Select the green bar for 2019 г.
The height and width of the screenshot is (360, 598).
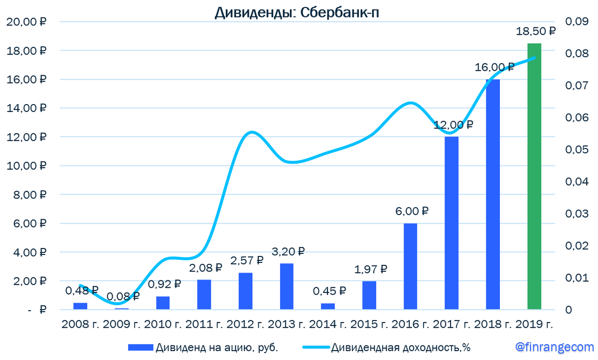point(534,176)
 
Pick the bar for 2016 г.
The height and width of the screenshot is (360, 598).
point(410,266)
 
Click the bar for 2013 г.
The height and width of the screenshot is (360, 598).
point(287,286)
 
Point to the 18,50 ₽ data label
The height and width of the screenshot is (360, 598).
point(535,31)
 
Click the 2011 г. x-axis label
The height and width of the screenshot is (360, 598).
point(205,324)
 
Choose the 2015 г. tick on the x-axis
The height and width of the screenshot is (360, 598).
point(369,324)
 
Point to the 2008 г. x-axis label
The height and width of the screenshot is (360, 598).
point(81,324)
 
